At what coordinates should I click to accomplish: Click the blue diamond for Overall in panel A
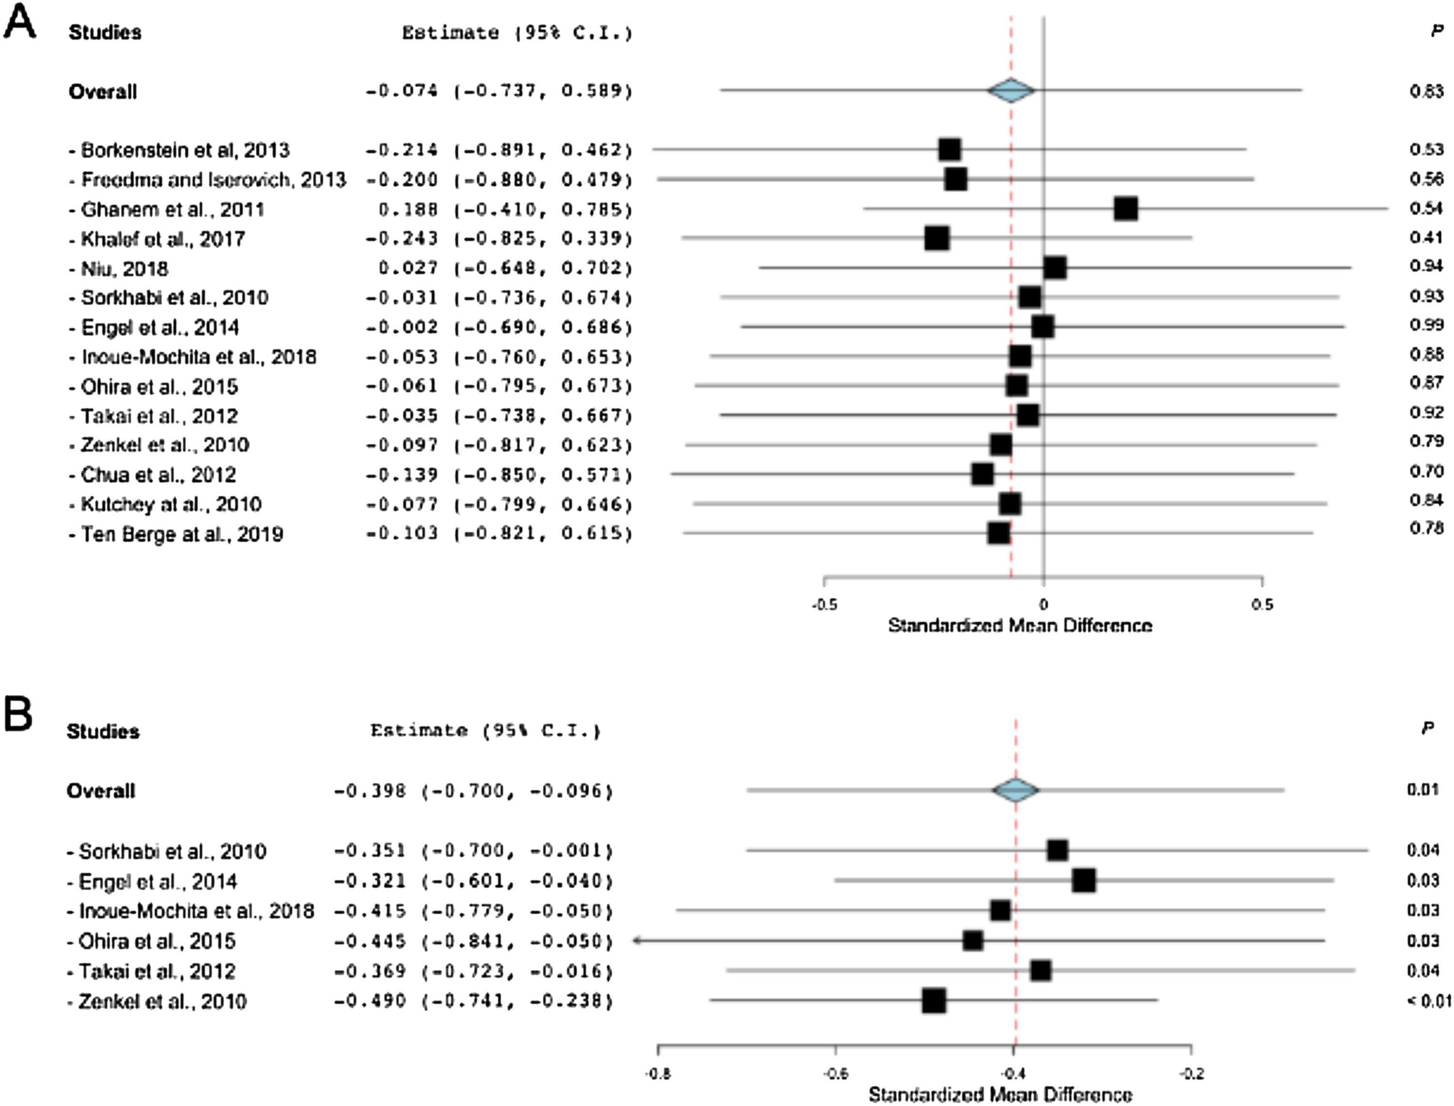click(x=1011, y=91)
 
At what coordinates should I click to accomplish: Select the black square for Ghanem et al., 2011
click(x=1125, y=209)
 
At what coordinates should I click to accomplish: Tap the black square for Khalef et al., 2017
click(x=937, y=238)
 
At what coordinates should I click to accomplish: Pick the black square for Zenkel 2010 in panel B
click(x=934, y=1001)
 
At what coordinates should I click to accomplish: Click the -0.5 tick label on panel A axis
click(x=823, y=604)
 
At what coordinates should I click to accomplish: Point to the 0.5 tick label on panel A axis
click(x=1262, y=604)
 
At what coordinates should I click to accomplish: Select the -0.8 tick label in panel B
click(x=658, y=1074)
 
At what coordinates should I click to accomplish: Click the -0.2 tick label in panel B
click(x=1191, y=1074)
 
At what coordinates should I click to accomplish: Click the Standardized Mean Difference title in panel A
click(x=1020, y=625)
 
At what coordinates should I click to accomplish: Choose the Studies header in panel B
click(x=103, y=731)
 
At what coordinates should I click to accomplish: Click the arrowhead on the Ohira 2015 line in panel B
click(x=636, y=941)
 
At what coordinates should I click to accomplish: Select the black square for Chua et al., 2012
click(x=982, y=474)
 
